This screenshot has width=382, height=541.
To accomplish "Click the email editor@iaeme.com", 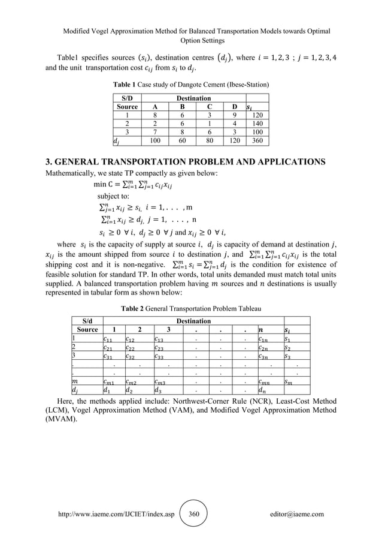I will point(296,514).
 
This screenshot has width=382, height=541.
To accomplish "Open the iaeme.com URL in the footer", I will point(113,514).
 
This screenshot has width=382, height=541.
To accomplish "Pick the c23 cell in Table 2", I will point(159,350).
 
